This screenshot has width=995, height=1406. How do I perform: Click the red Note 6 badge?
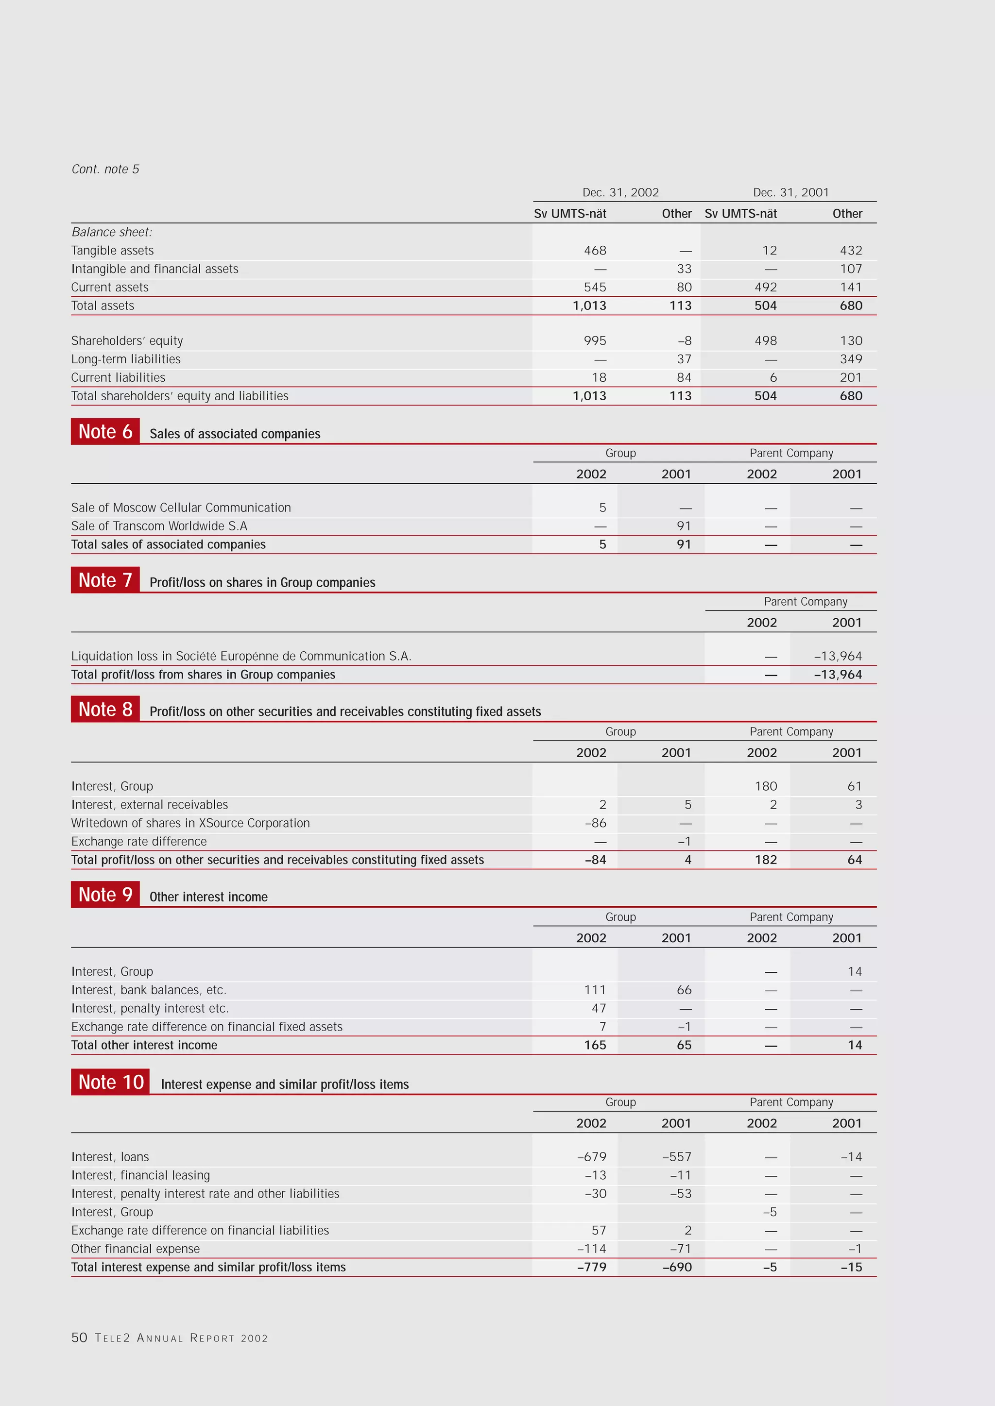[105, 432]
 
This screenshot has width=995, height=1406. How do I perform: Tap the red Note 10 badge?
[110, 1082]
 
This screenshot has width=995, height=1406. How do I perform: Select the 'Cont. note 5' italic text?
[105, 169]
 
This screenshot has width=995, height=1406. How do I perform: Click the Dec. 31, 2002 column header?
[620, 192]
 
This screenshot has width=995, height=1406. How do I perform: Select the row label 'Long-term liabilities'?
[126, 359]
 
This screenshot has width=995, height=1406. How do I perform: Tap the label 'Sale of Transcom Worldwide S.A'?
[159, 526]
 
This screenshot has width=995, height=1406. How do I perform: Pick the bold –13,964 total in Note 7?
[838, 675]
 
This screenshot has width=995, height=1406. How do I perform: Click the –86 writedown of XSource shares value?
[595, 823]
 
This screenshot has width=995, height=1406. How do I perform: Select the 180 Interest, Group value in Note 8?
[765, 786]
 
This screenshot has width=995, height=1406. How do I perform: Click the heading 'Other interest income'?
[208, 897]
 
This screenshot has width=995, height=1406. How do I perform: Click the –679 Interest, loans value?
[591, 1157]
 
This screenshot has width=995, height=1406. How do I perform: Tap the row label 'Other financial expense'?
[136, 1249]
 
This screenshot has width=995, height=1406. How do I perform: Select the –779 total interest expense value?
[591, 1267]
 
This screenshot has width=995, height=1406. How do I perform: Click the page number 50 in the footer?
[79, 1338]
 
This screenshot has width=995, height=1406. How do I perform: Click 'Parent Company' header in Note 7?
[805, 602]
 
